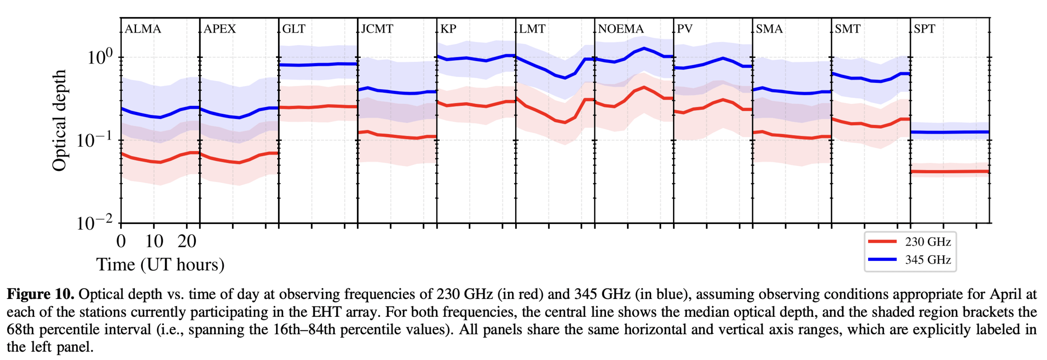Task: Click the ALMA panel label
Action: point(143,29)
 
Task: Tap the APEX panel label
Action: point(220,29)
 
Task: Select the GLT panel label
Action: point(294,29)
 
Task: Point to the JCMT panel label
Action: point(377,29)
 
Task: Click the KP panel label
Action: point(448,29)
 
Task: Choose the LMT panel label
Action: point(532,29)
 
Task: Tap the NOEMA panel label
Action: point(621,29)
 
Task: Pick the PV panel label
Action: point(685,29)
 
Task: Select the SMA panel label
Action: point(769,29)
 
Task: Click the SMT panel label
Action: point(847,29)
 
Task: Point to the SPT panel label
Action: point(924,29)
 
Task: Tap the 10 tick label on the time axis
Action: point(154,242)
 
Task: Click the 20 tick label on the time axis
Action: point(187,242)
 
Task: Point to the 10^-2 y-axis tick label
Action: point(95,223)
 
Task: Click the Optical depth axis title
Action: point(59,121)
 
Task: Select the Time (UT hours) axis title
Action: point(160,265)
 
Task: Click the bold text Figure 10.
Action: point(41,294)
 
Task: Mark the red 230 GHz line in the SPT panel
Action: point(950,172)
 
